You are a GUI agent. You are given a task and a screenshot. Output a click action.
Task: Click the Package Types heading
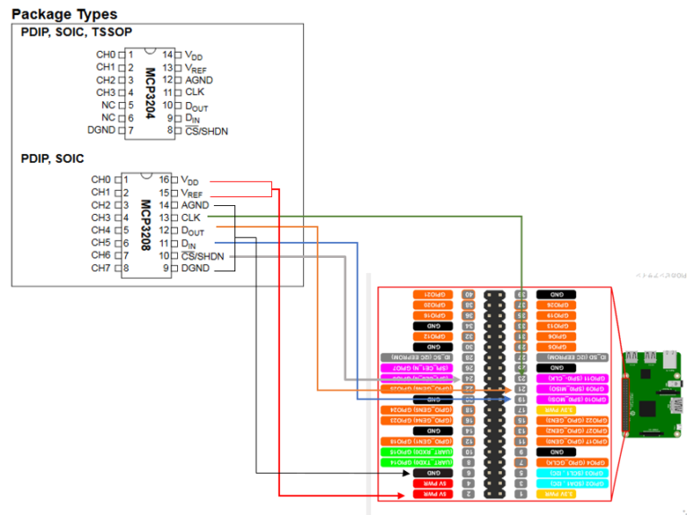coord(64,14)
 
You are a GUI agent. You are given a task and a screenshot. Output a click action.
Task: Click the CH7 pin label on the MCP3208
coord(101,268)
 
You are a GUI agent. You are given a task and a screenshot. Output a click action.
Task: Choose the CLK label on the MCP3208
coord(191,218)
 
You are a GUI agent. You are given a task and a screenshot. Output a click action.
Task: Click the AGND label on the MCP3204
coord(199,80)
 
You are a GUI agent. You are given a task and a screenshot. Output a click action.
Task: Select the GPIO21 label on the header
coord(430,294)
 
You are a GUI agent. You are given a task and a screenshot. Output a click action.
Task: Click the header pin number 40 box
coord(468,294)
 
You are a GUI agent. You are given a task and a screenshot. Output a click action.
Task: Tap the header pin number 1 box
coord(520,494)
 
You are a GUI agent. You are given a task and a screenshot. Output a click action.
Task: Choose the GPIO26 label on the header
coord(556,305)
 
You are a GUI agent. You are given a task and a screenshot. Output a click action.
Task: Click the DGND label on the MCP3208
coord(197,268)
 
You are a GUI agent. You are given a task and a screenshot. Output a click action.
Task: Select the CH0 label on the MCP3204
coord(105,55)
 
